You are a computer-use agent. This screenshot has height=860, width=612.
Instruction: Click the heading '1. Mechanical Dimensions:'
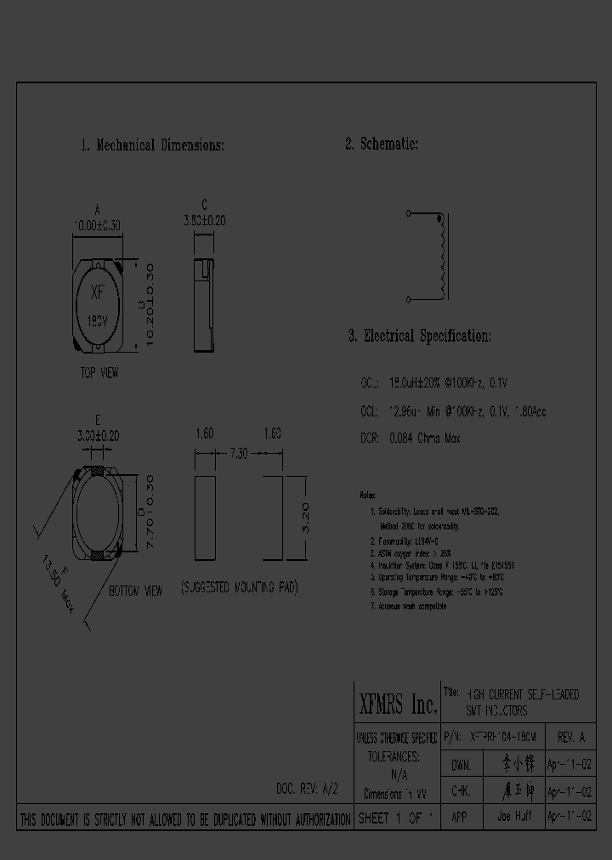[x=152, y=145]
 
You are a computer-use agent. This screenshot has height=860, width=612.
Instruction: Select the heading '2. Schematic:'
[x=382, y=144]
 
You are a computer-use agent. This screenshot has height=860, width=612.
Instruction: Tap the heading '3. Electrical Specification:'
[x=419, y=336]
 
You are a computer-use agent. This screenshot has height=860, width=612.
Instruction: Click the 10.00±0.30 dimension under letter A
[x=98, y=226]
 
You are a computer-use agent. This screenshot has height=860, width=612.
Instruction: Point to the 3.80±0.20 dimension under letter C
[x=204, y=220]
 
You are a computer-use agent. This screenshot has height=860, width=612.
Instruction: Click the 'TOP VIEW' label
[x=99, y=373]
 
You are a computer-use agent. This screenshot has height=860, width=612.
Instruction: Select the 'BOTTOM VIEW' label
[x=135, y=591]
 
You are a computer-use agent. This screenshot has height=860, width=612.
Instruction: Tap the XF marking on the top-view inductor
[x=98, y=293]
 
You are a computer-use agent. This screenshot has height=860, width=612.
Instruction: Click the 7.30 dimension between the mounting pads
[x=240, y=455]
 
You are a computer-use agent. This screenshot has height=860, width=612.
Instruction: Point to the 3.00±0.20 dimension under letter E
[x=99, y=435]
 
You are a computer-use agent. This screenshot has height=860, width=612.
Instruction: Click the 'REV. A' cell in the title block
[x=571, y=738]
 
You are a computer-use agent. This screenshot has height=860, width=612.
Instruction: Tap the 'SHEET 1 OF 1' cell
[x=396, y=818]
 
